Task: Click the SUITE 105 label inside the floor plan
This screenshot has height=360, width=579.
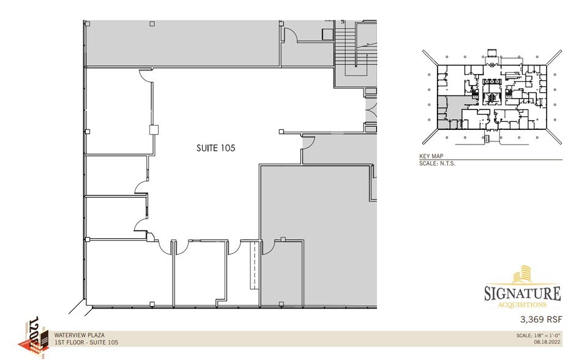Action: tap(215, 148)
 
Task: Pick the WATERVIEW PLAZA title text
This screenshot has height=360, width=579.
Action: tap(79, 335)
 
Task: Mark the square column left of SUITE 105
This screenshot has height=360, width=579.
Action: tap(154, 130)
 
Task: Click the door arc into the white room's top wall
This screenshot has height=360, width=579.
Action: tap(146, 74)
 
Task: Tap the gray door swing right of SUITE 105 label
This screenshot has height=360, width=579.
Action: tap(307, 143)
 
